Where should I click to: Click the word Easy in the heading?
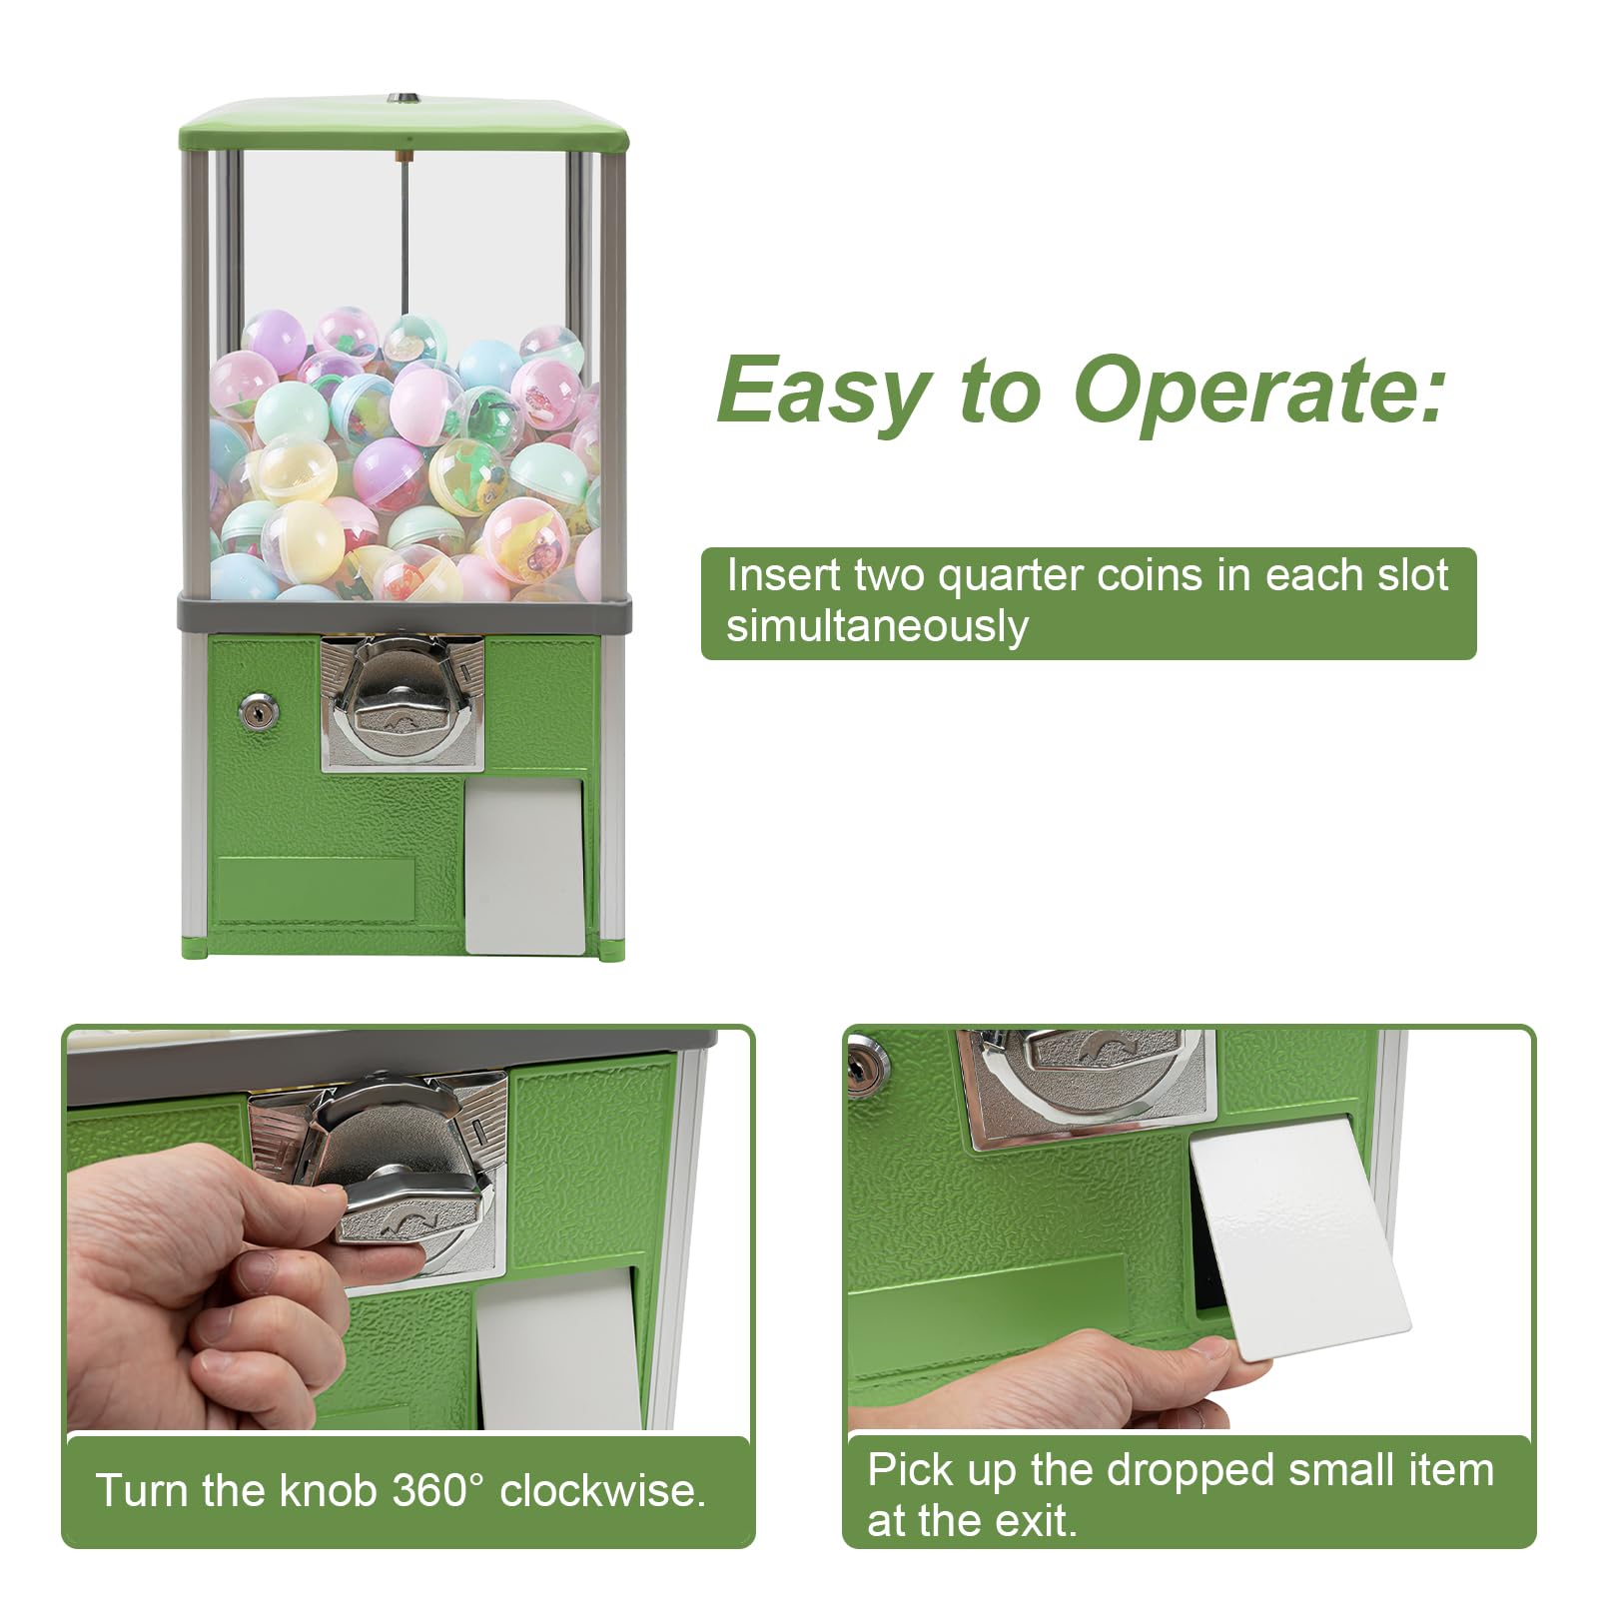point(822,393)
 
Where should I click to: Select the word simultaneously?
point(876,627)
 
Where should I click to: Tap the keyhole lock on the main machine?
point(259,711)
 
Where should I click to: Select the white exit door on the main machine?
point(525,865)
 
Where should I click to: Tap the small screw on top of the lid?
point(402,99)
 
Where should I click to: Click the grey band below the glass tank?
point(403,612)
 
